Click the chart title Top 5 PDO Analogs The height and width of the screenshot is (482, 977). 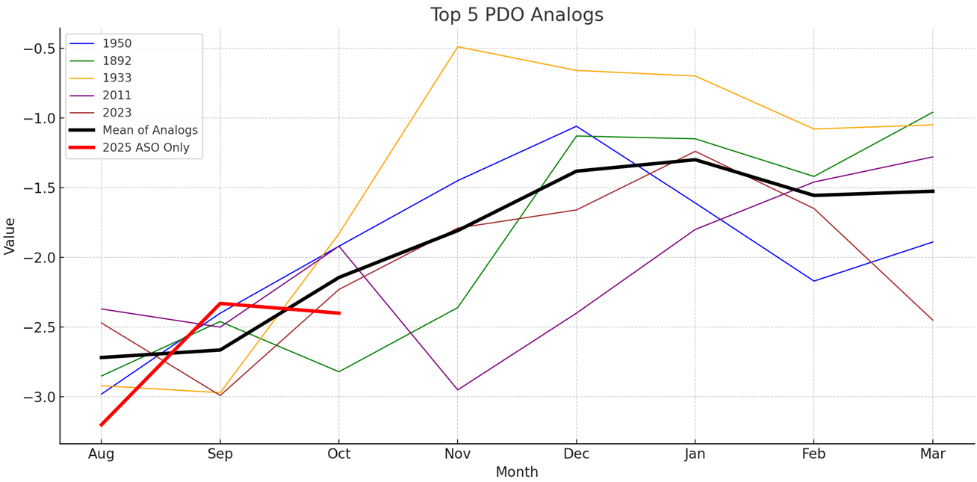pos(516,15)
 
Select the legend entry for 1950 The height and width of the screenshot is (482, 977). pos(117,43)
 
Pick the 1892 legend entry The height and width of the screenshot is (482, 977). pos(117,61)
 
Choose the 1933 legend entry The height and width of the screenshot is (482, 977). pos(117,78)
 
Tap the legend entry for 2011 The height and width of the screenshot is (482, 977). pos(117,96)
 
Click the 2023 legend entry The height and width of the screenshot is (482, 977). pos(117,113)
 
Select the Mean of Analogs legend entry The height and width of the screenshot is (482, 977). pos(149,130)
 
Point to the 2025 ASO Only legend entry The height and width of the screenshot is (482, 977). pos(146,148)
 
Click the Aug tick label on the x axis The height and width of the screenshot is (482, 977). pos(101,454)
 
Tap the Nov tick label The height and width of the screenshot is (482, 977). pos(457,454)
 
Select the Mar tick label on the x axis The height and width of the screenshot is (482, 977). pos(932,454)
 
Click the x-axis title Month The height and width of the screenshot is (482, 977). pos(516,472)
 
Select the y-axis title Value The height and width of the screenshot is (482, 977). pos(10,236)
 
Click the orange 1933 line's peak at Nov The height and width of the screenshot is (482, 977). pos(457,47)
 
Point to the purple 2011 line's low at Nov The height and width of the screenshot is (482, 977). pos(457,389)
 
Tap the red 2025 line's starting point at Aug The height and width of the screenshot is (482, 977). pos(101,424)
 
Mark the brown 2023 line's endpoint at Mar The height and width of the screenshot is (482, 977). pos(932,320)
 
